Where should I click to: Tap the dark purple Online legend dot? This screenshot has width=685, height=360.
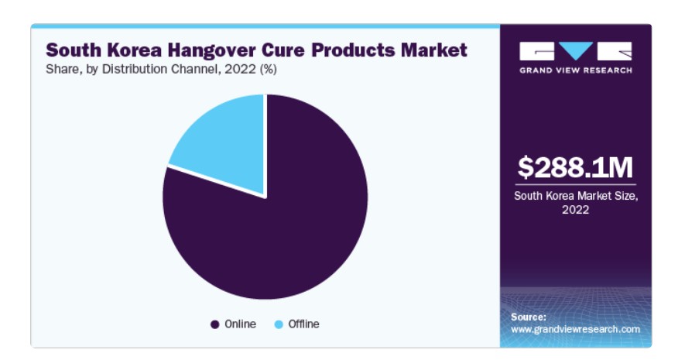click(214, 324)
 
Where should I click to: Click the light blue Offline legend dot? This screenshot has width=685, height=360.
click(279, 324)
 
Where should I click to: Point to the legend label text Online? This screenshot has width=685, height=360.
click(240, 324)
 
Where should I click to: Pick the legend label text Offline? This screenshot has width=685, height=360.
click(303, 324)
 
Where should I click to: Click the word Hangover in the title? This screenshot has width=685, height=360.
click(200, 50)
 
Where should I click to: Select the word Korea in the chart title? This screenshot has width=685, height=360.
click(124, 50)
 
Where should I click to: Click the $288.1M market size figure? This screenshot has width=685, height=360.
click(575, 167)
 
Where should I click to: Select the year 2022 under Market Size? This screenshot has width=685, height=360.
click(575, 210)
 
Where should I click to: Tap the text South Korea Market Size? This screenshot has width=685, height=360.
click(575, 196)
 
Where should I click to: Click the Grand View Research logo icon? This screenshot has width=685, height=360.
click(575, 52)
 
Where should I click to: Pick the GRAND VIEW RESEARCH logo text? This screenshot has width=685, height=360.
click(575, 70)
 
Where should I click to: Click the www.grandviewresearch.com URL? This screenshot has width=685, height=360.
click(575, 329)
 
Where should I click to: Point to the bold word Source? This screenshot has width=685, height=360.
click(529, 317)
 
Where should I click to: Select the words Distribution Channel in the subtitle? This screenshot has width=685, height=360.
click(159, 69)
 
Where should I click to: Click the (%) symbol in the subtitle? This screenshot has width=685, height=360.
click(266, 69)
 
